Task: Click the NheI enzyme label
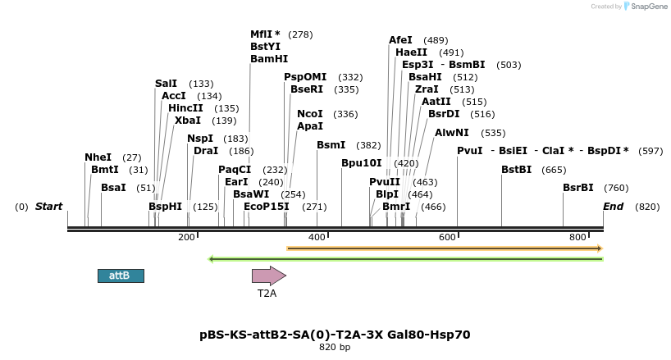(98, 157)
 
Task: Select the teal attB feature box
(121, 276)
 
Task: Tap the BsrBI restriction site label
(577, 188)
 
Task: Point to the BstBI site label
(517, 170)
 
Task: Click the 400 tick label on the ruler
(317, 237)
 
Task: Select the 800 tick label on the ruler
(577, 237)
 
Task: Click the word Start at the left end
(48, 207)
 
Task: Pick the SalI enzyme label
(166, 84)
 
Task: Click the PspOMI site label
(305, 77)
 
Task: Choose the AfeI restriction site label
(401, 40)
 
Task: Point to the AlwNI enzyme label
(452, 132)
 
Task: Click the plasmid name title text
(335, 335)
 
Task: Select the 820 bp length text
(335, 348)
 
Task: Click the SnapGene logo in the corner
(647, 7)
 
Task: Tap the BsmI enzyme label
(331, 145)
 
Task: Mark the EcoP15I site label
(267, 207)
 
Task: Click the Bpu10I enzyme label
(362, 163)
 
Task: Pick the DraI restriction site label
(206, 151)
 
